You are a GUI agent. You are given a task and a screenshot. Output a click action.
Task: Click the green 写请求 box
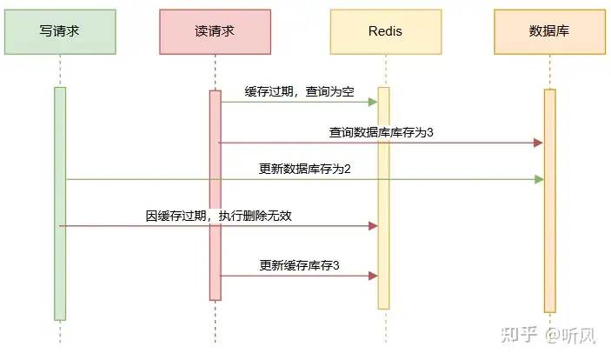60,31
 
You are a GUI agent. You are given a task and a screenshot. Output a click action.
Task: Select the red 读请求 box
215,31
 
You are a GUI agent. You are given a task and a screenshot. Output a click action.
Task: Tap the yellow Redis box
383,31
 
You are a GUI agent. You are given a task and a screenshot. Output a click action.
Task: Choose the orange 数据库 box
548,31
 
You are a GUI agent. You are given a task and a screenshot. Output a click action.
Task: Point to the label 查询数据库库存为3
381,132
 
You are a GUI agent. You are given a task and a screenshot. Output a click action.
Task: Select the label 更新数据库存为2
304,169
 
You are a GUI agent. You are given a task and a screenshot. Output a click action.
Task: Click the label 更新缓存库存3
299,264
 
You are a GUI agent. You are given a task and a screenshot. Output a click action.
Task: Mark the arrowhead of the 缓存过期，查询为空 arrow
373,102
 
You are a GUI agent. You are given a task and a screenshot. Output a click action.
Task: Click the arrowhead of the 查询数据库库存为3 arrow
538,143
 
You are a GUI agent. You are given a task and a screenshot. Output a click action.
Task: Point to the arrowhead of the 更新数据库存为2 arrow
539,179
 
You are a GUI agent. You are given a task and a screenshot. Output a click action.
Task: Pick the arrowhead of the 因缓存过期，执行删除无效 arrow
373,225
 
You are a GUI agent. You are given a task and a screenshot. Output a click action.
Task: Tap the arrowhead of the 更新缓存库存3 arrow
373,276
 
